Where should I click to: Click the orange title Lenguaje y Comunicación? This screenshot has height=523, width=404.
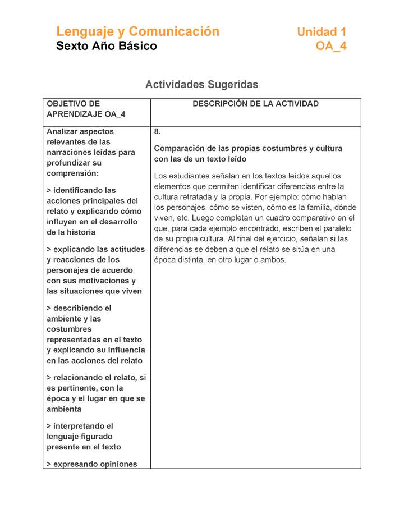(137, 31)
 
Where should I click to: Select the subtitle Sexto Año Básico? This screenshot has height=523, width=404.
(107, 46)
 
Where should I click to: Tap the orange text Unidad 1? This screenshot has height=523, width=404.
(322, 32)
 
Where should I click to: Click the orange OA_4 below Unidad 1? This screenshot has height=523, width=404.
(331, 46)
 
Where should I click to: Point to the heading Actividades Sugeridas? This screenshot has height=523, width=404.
(201, 85)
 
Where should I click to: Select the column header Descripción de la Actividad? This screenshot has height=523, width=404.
(255, 104)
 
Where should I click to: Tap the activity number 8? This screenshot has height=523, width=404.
(158, 132)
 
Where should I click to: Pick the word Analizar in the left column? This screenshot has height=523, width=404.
(63, 132)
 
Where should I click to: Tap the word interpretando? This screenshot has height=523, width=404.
(83, 426)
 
